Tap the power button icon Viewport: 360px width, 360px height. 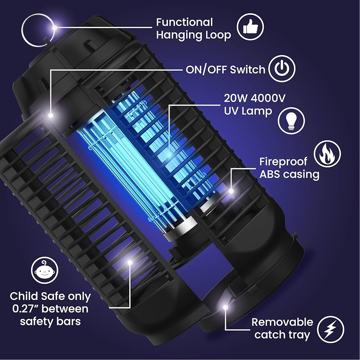pos(282,69)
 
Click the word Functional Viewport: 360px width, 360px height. pos(184,22)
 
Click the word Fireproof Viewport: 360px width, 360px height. pos(283,162)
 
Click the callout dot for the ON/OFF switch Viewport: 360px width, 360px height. pos(51,115)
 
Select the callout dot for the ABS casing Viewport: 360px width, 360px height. pos(231,190)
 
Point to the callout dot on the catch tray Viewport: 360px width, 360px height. pos(226,308)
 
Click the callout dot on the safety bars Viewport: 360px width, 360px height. pos(130,263)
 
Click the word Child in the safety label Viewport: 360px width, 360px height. pos(24,296)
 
